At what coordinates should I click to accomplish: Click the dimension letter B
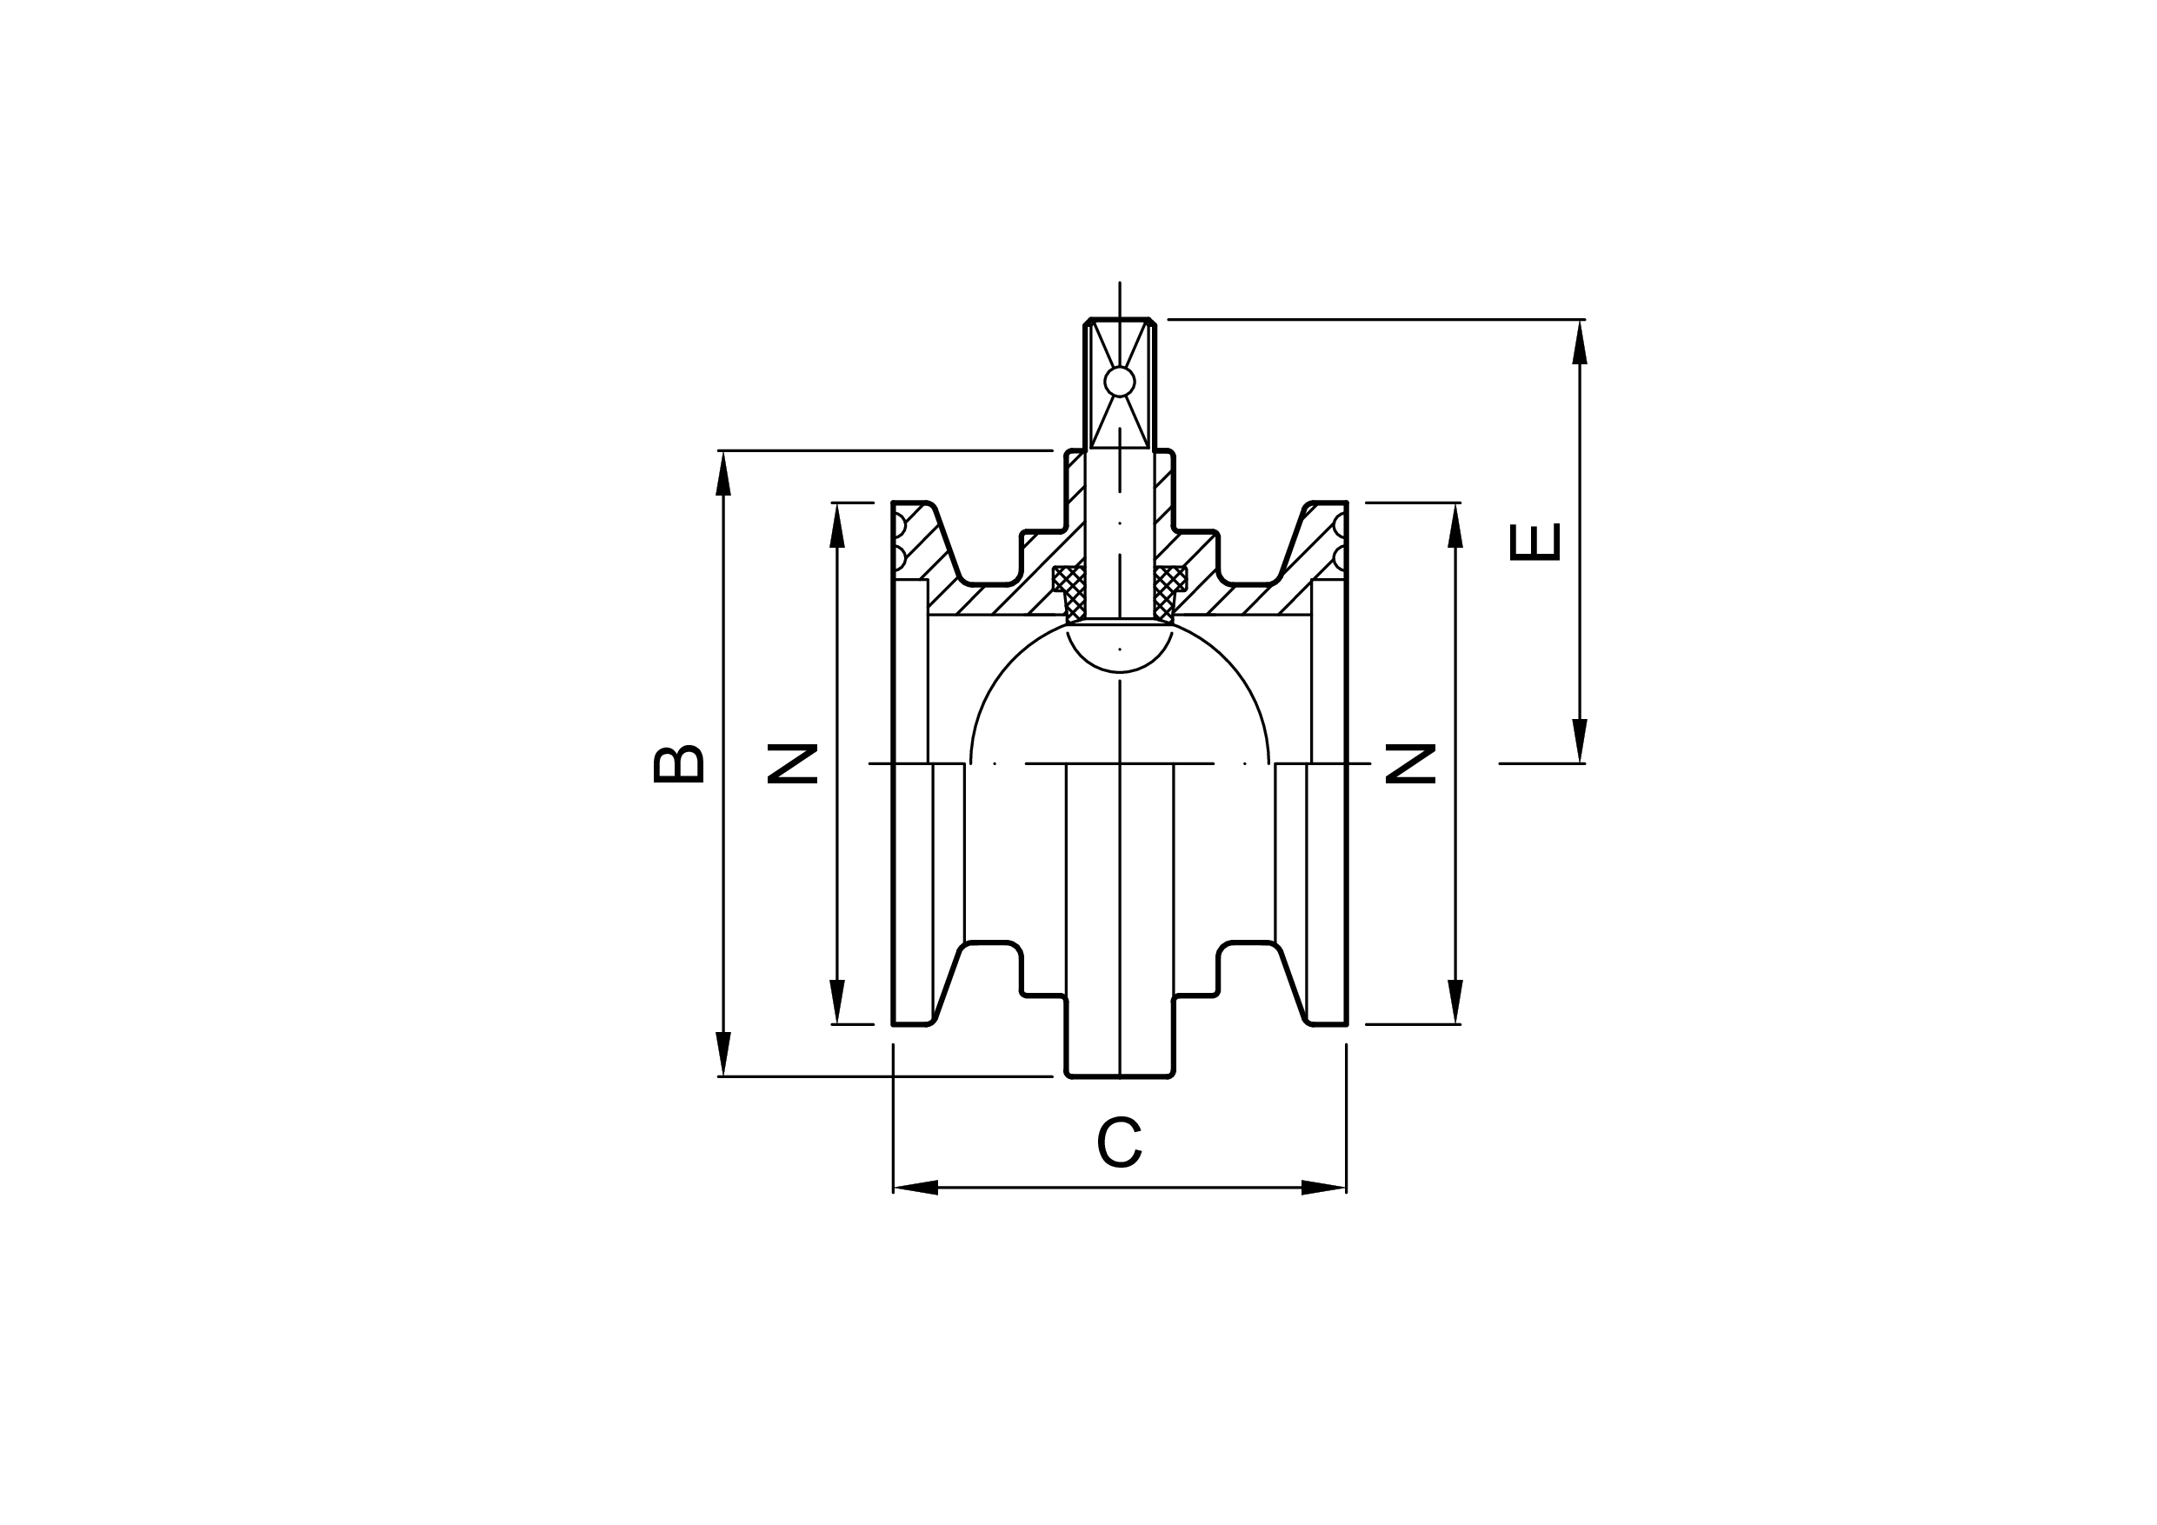678,764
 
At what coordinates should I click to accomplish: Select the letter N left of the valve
792,764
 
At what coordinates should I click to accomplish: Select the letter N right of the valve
1411,764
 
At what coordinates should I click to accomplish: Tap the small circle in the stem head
1120,382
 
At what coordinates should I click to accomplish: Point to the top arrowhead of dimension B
723,473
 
